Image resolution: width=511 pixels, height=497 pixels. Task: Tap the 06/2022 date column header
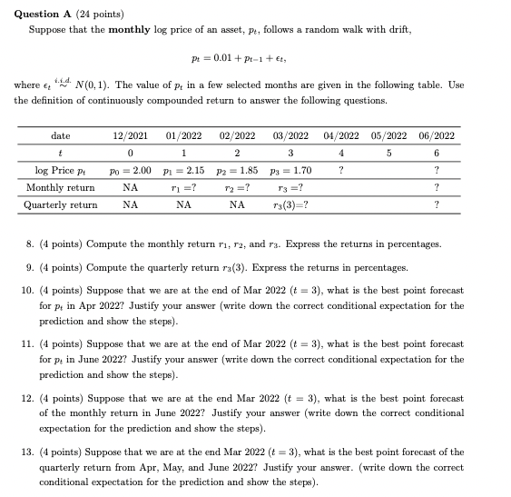click(437, 136)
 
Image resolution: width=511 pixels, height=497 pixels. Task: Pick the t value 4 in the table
click(340, 154)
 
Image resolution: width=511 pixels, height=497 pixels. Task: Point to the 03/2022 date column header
click(291, 136)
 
